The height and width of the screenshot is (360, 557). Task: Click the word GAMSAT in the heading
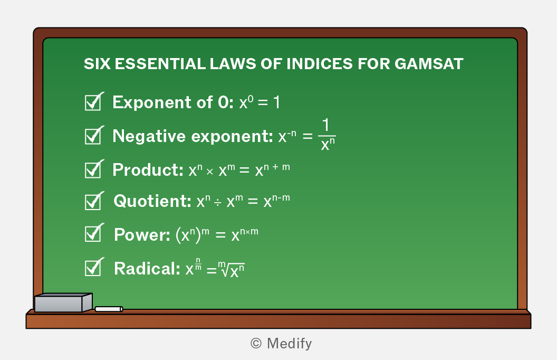[x=429, y=64]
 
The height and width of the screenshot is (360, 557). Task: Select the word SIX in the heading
[x=97, y=64]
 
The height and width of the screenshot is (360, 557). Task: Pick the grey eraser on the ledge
[x=63, y=303]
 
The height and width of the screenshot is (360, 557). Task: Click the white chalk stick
[x=109, y=309]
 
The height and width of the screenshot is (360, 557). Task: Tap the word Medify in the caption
[x=289, y=344]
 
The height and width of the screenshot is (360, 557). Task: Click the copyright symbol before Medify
[x=256, y=343]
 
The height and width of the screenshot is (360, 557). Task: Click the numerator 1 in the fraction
[x=326, y=126]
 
